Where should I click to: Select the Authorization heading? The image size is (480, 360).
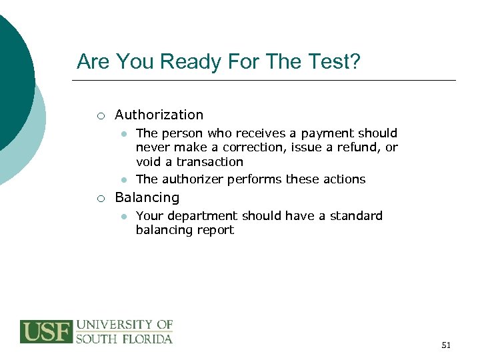pyautogui.click(x=159, y=115)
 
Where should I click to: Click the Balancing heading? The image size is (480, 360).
pyautogui.click(x=147, y=198)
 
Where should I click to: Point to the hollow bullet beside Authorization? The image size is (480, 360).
pyautogui.click(x=99, y=116)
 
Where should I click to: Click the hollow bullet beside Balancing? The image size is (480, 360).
pyautogui.click(x=99, y=199)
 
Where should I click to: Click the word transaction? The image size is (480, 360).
pyautogui.click(x=209, y=162)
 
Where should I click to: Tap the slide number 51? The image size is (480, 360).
pyautogui.click(x=446, y=345)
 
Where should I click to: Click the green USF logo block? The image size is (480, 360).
pyautogui.click(x=46, y=332)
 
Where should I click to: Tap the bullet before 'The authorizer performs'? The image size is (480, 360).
pyautogui.click(x=123, y=179)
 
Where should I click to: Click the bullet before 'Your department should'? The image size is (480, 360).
pyautogui.click(x=123, y=216)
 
